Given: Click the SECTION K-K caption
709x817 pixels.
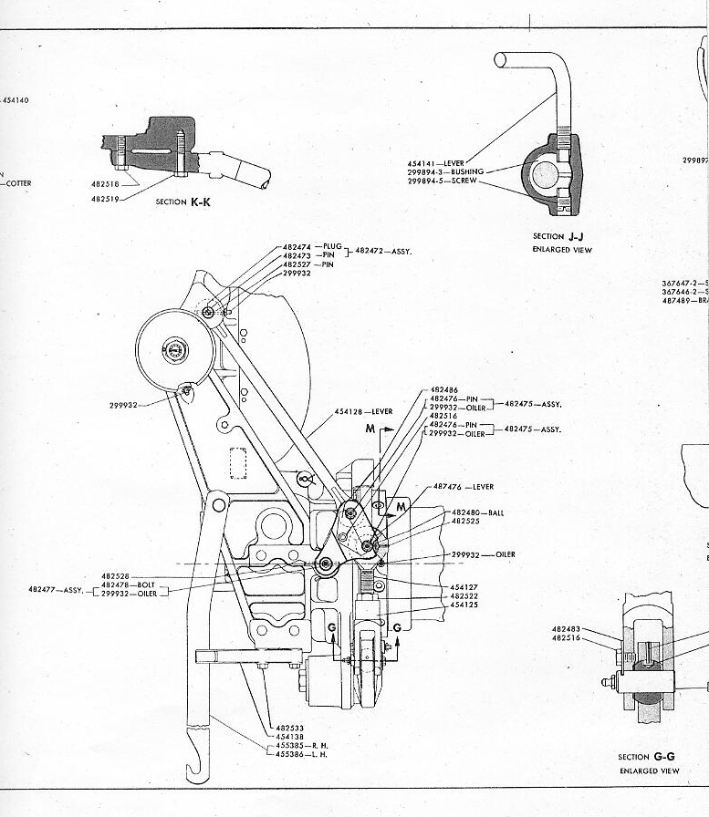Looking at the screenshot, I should pyautogui.click(x=182, y=202).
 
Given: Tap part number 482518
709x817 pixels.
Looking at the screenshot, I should pyautogui.click(x=103, y=183).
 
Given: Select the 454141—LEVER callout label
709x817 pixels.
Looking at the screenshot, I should pyautogui.click(x=435, y=162).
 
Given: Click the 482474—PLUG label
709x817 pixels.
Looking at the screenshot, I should pyautogui.click(x=311, y=247).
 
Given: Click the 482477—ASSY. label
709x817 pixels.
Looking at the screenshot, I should pyautogui.click(x=57, y=590).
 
